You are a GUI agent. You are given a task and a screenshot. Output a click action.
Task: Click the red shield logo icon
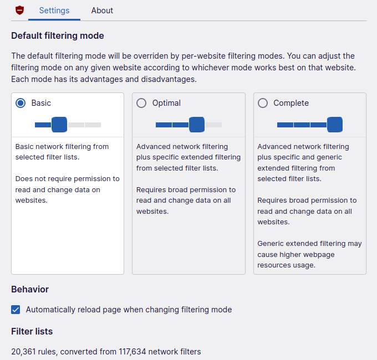point(20,11)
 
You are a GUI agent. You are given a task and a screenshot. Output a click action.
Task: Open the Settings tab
point(54,11)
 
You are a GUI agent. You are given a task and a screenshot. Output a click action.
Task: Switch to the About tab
point(102,11)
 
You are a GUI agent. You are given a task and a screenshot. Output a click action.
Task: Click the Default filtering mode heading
point(58,36)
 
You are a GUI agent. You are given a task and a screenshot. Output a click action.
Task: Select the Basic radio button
point(21,103)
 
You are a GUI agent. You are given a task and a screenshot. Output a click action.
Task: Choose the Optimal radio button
point(141,103)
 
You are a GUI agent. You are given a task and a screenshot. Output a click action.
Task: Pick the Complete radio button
point(263,103)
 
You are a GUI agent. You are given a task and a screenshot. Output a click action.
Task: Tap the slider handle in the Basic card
point(59,125)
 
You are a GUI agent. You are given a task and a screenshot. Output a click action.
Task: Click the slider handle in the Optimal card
point(197,125)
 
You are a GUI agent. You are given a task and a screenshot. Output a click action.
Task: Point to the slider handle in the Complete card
point(334,125)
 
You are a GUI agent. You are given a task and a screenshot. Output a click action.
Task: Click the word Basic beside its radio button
point(41,103)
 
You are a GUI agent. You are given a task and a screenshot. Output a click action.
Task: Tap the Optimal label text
point(166,103)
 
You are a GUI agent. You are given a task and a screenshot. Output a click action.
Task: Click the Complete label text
point(291,103)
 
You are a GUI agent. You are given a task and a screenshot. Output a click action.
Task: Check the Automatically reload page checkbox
point(16,310)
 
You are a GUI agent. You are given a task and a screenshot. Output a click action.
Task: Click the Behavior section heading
point(30,289)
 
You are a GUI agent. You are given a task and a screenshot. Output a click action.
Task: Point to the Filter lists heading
point(32,331)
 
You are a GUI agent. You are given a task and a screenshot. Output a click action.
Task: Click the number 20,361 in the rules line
point(24,352)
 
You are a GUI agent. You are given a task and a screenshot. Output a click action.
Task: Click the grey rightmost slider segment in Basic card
point(93,125)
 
